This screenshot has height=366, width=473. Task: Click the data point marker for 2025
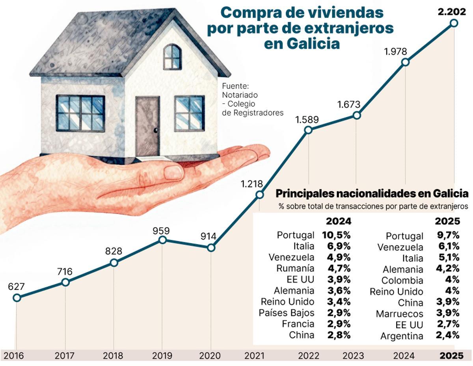(454, 23)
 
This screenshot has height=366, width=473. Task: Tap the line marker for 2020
(211, 248)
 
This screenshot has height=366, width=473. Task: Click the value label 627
(16, 286)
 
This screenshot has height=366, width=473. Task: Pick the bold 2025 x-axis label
(451, 356)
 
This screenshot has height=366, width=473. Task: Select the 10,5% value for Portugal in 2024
(337, 235)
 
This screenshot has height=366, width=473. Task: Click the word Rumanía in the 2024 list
(295, 269)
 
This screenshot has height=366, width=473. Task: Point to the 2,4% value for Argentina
(448, 336)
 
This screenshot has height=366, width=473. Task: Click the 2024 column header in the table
(338, 221)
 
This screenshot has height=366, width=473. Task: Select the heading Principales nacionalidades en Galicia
(372, 194)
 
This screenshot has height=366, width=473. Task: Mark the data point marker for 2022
(308, 130)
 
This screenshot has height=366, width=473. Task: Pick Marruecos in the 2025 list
(399, 314)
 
